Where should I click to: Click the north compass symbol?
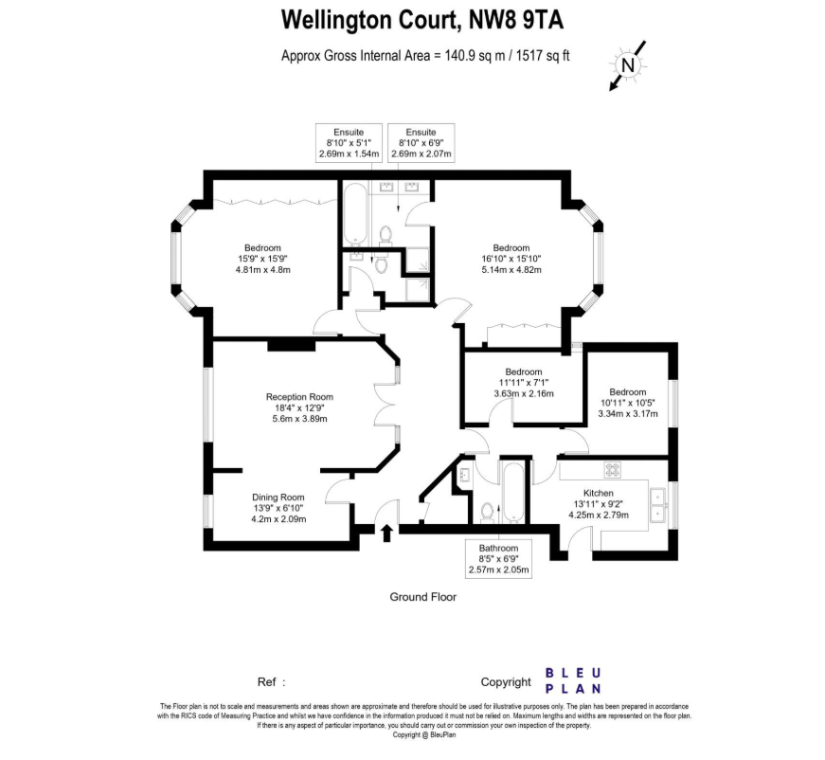pyautogui.click(x=627, y=64)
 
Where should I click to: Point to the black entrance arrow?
pyautogui.click(x=386, y=533)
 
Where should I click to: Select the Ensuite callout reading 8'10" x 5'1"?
pyautogui.click(x=349, y=142)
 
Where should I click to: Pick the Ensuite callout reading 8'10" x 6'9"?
pyautogui.click(x=421, y=142)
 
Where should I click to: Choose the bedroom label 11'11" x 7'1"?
pyautogui.click(x=523, y=382)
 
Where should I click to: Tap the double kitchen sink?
pyautogui.click(x=657, y=505)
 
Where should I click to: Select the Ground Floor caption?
pyautogui.click(x=423, y=597)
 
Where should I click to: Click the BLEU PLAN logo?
pyautogui.click(x=574, y=680)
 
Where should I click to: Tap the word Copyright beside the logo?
pyautogui.click(x=506, y=681)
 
